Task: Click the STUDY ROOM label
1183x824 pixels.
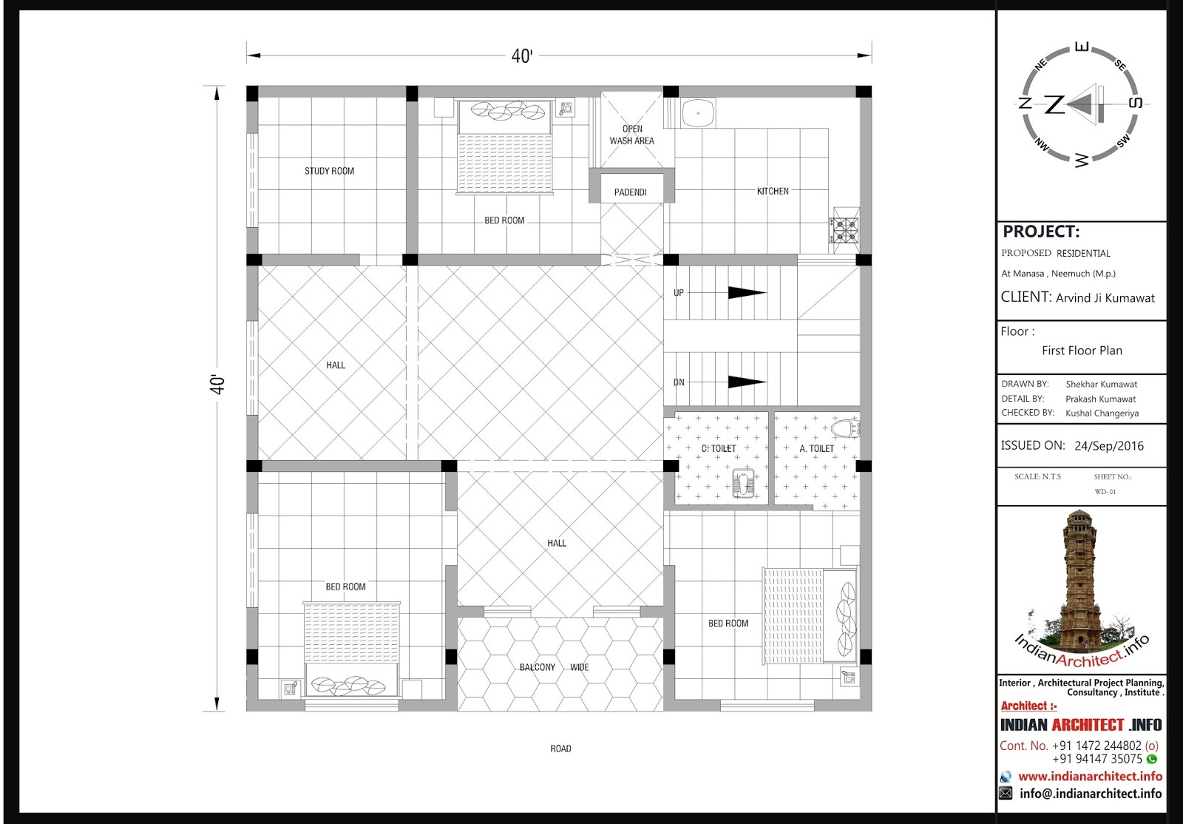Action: pyautogui.click(x=329, y=171)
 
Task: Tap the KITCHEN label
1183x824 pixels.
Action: pyautogui.click(x=773, y=192)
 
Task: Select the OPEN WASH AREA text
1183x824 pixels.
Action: pyautogui.click(x=632, y=135)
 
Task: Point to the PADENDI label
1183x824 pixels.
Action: pyautogui.click(x=630, y=192)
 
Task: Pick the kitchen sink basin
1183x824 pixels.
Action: pyautogui.click(x=698, y=113)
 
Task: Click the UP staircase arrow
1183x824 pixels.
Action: pyautogui.click(x=747, y=292)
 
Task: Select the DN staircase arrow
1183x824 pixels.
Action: pyautogui.click(x=747, y=382)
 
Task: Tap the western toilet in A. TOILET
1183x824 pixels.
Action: pyautogui.click(x=846, y=428)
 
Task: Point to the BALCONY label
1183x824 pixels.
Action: pyautogui.click(x=537, y=667)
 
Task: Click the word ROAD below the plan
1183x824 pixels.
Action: pyautogui.click(x=560, y=749)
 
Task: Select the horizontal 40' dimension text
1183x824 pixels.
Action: pyautogui.click(x=522, y=56)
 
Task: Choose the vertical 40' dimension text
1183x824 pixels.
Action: pyautogui.click(x=217, y=385)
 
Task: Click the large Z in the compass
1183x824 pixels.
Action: pyautogui.click(x=1054, y=104)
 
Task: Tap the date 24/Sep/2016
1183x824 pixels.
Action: pyautogui.click(x=1109, y=446)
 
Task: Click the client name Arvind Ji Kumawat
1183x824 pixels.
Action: pyautogui.click(x=1105, y=298)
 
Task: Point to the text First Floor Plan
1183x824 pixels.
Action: pyautogui.click(x=1082, y=350)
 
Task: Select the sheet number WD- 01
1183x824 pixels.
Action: pyautogui.click(x=1105, y=492)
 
